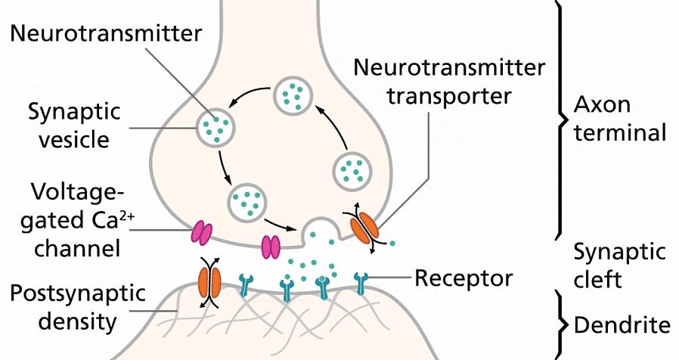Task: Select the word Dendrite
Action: pos(622,325)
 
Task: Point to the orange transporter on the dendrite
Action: pos(209,279)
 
